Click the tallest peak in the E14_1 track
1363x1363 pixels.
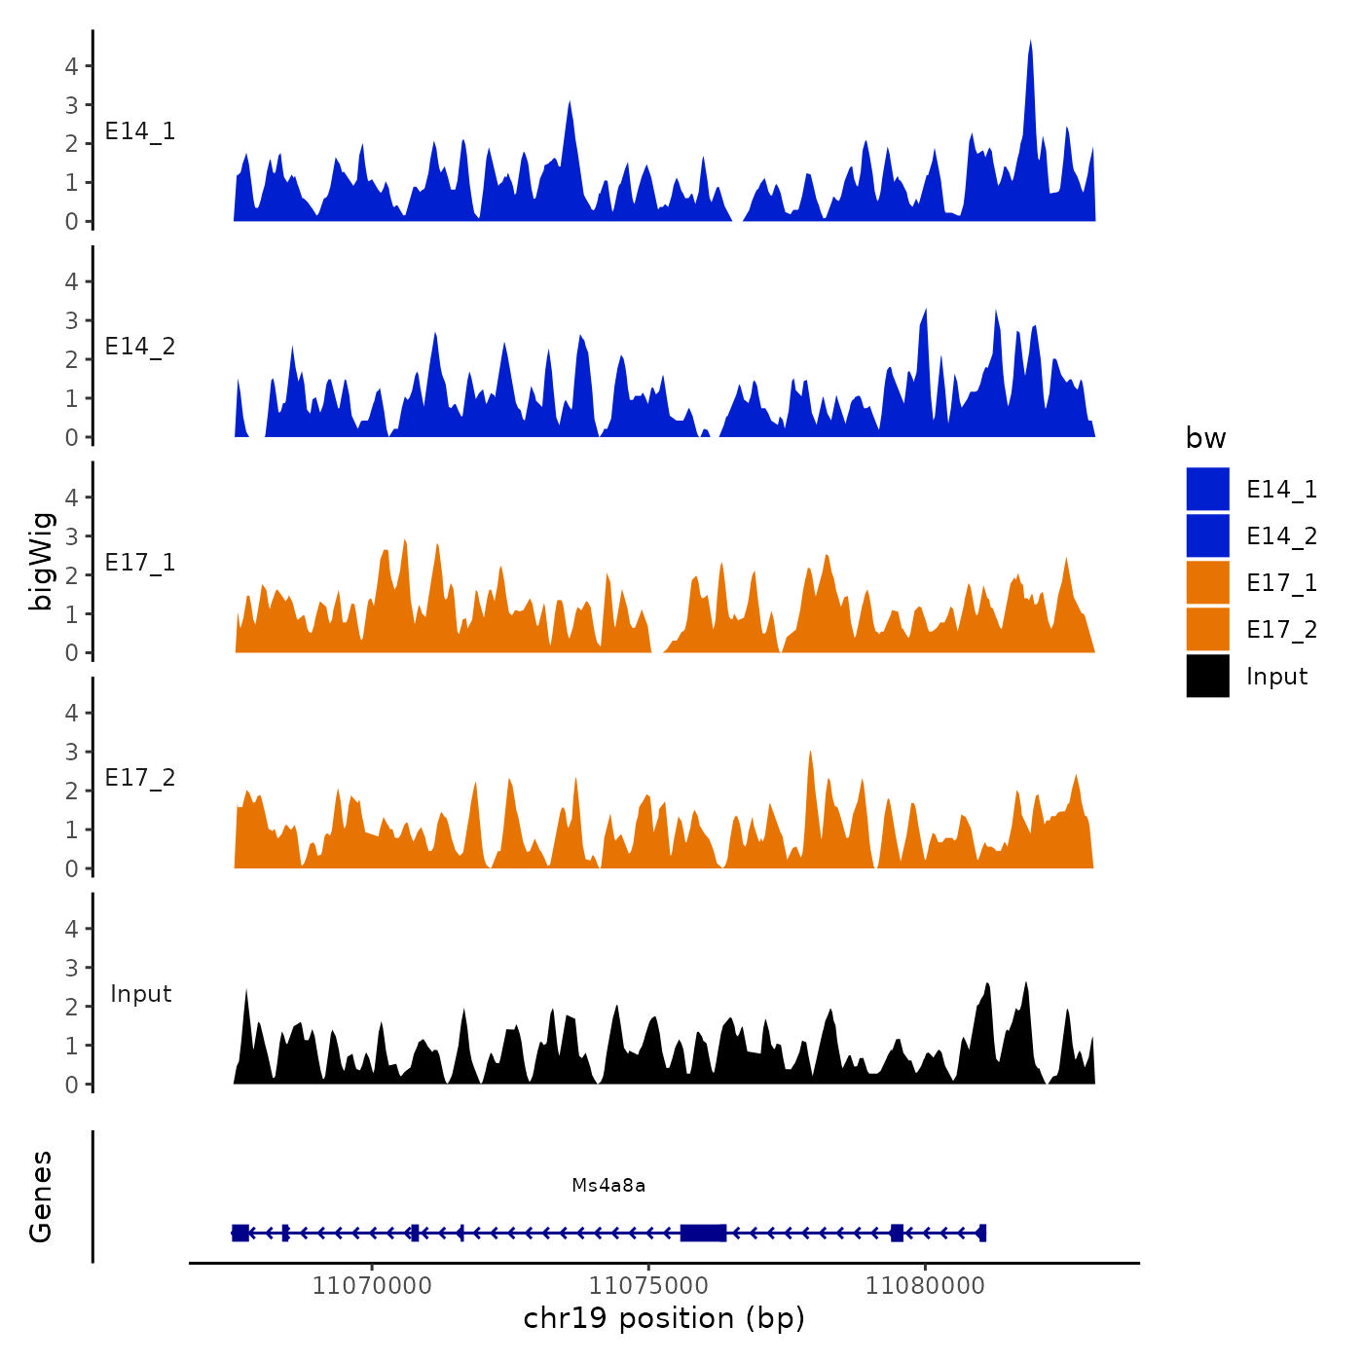coord(1030,44)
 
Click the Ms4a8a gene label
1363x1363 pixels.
coord(608,1185)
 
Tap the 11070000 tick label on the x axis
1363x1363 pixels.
coord(372,1286)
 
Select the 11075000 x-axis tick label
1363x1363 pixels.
coord(648,1286)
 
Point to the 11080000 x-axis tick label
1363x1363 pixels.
coord(925,1286)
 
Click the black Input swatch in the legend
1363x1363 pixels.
coord(1207,676)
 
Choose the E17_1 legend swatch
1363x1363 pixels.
coord(1207,582)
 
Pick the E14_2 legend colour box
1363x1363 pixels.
coord(1207,535)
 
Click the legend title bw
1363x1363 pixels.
coord(1205,438)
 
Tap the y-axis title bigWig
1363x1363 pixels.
coord(41,561)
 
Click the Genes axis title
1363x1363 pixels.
coord(41,1197)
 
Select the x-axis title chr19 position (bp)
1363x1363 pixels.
coord(664,1318)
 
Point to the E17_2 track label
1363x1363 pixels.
coord(140,778)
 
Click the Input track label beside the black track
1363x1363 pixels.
coord(140,994)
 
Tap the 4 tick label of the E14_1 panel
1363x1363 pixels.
coord(71,66)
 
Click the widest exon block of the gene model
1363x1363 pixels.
coord(703,1233)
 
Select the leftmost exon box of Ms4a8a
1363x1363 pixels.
coord(240,1233)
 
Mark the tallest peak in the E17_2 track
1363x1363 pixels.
coord(810,754)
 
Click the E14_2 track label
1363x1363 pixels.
coord(140,347)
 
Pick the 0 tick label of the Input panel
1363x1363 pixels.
coord(71,1085)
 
